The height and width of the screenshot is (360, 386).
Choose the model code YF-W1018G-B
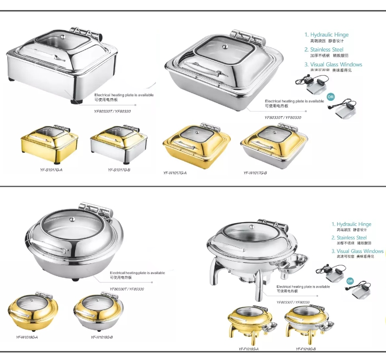pyautogui.click(x=101, y=337)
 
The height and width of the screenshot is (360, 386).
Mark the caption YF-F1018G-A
pyautogui.click(x=248, y=349)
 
